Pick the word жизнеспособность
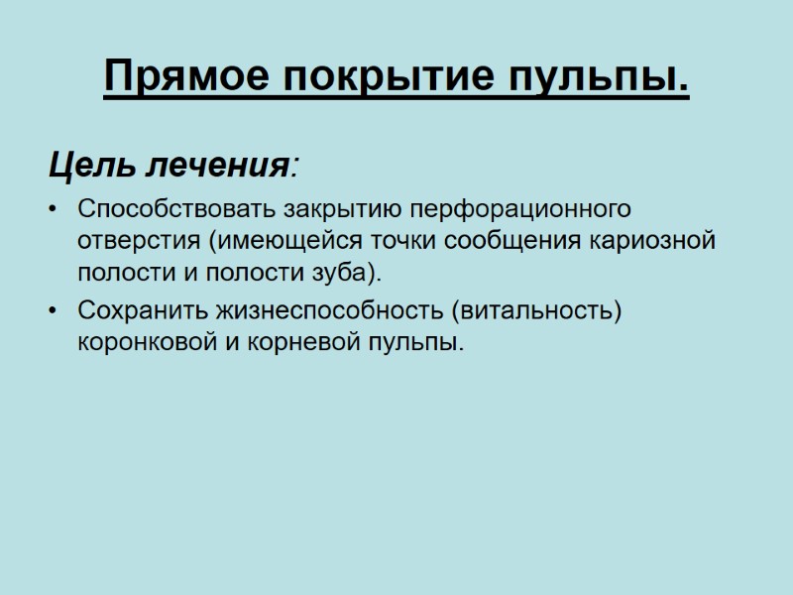click(326, 311)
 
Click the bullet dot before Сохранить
click(53, 311)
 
